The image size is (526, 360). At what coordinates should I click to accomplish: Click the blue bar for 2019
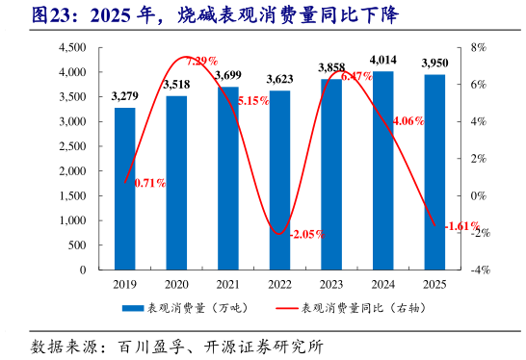click(125, 189)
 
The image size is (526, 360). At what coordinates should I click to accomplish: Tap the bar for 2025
click(434, 171)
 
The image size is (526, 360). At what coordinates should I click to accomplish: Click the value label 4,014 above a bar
click(382, 60)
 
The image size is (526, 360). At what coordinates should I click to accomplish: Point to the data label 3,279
click(125, 95)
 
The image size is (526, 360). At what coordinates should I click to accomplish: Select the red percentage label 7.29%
click(202, 62)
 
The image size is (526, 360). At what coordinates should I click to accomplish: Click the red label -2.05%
click(307, 234)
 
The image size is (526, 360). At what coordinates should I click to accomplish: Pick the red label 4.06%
click(409, 120)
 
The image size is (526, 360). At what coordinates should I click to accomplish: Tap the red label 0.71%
click(150, 182)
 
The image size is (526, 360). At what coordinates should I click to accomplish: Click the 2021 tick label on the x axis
click(227, 284)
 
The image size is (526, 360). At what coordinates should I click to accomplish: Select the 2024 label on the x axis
click(382, 284)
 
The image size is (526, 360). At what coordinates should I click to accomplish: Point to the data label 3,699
click(228, 75)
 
